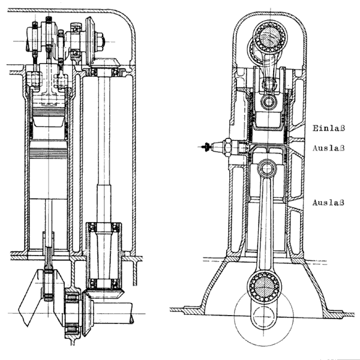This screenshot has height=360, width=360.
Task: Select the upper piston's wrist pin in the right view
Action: coord(267,101)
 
